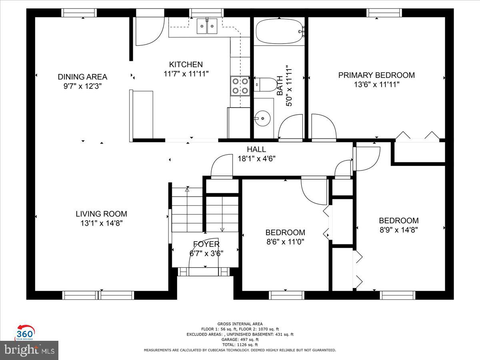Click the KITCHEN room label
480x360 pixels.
186,64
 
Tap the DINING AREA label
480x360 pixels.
82,77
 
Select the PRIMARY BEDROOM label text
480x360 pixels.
376,75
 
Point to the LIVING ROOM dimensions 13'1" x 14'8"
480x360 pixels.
102,223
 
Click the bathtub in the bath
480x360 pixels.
280,31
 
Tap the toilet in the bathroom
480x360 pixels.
265,84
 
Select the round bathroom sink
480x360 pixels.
263,118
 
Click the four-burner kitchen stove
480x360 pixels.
240,86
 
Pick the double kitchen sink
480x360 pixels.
207,26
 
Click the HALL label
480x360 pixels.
256,149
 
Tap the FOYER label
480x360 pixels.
206,244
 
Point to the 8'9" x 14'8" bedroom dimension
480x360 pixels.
399,230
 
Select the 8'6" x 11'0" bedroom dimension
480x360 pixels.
285,242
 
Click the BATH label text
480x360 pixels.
280,86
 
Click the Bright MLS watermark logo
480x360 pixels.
29,350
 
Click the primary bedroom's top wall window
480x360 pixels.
384,13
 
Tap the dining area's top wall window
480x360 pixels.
79,13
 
